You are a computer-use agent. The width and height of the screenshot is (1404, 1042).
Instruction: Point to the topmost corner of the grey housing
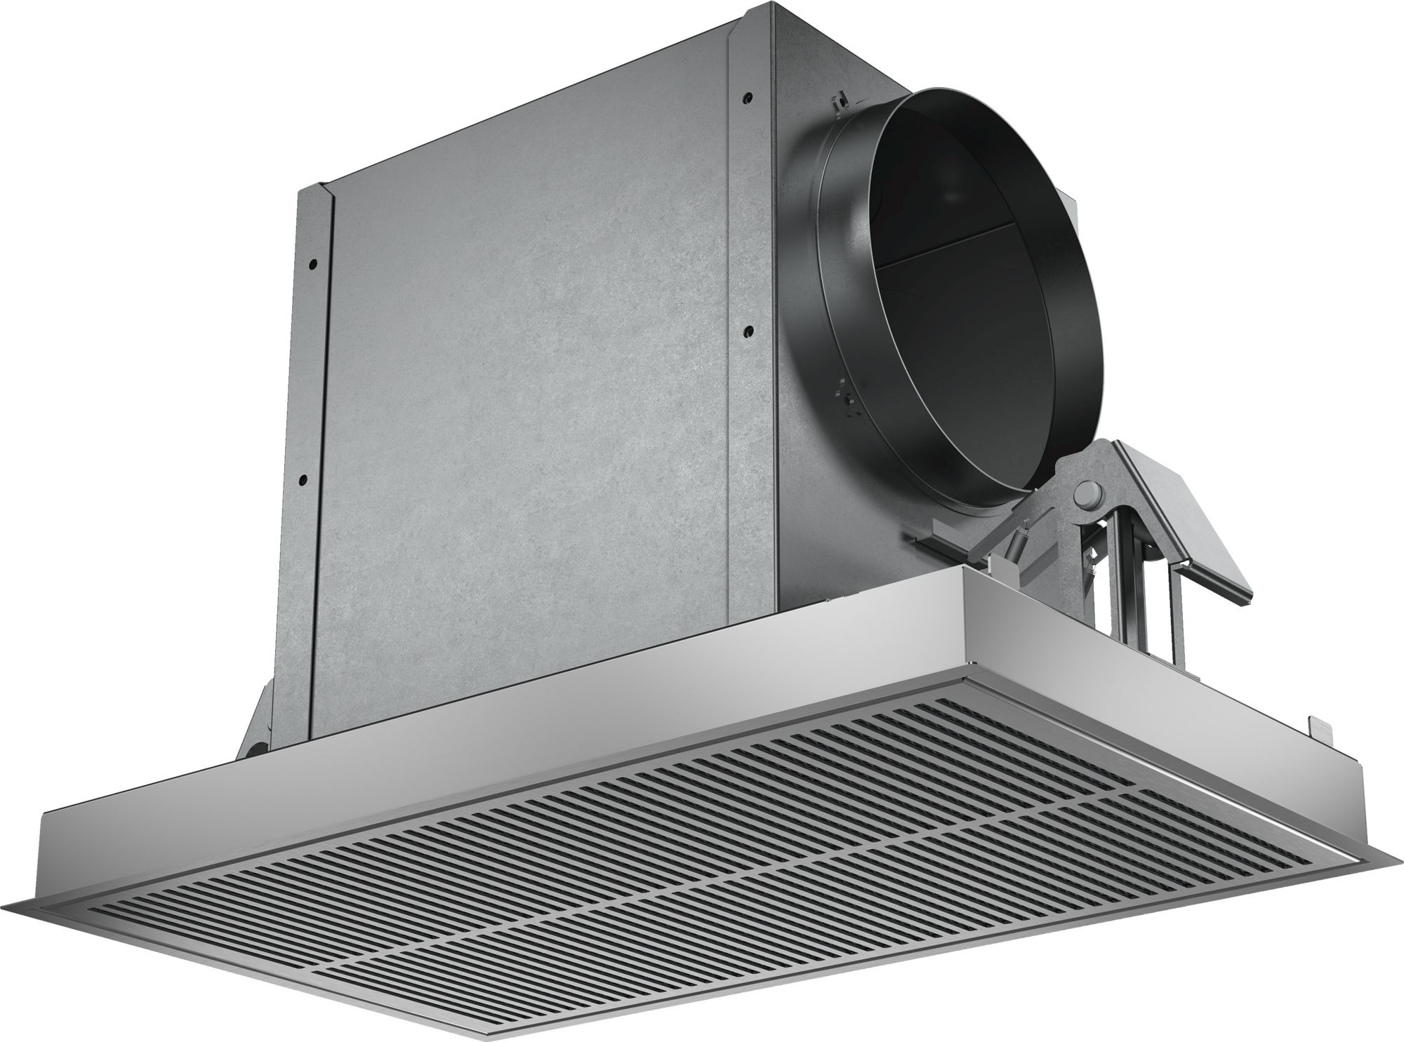click(x=772, y=6)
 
